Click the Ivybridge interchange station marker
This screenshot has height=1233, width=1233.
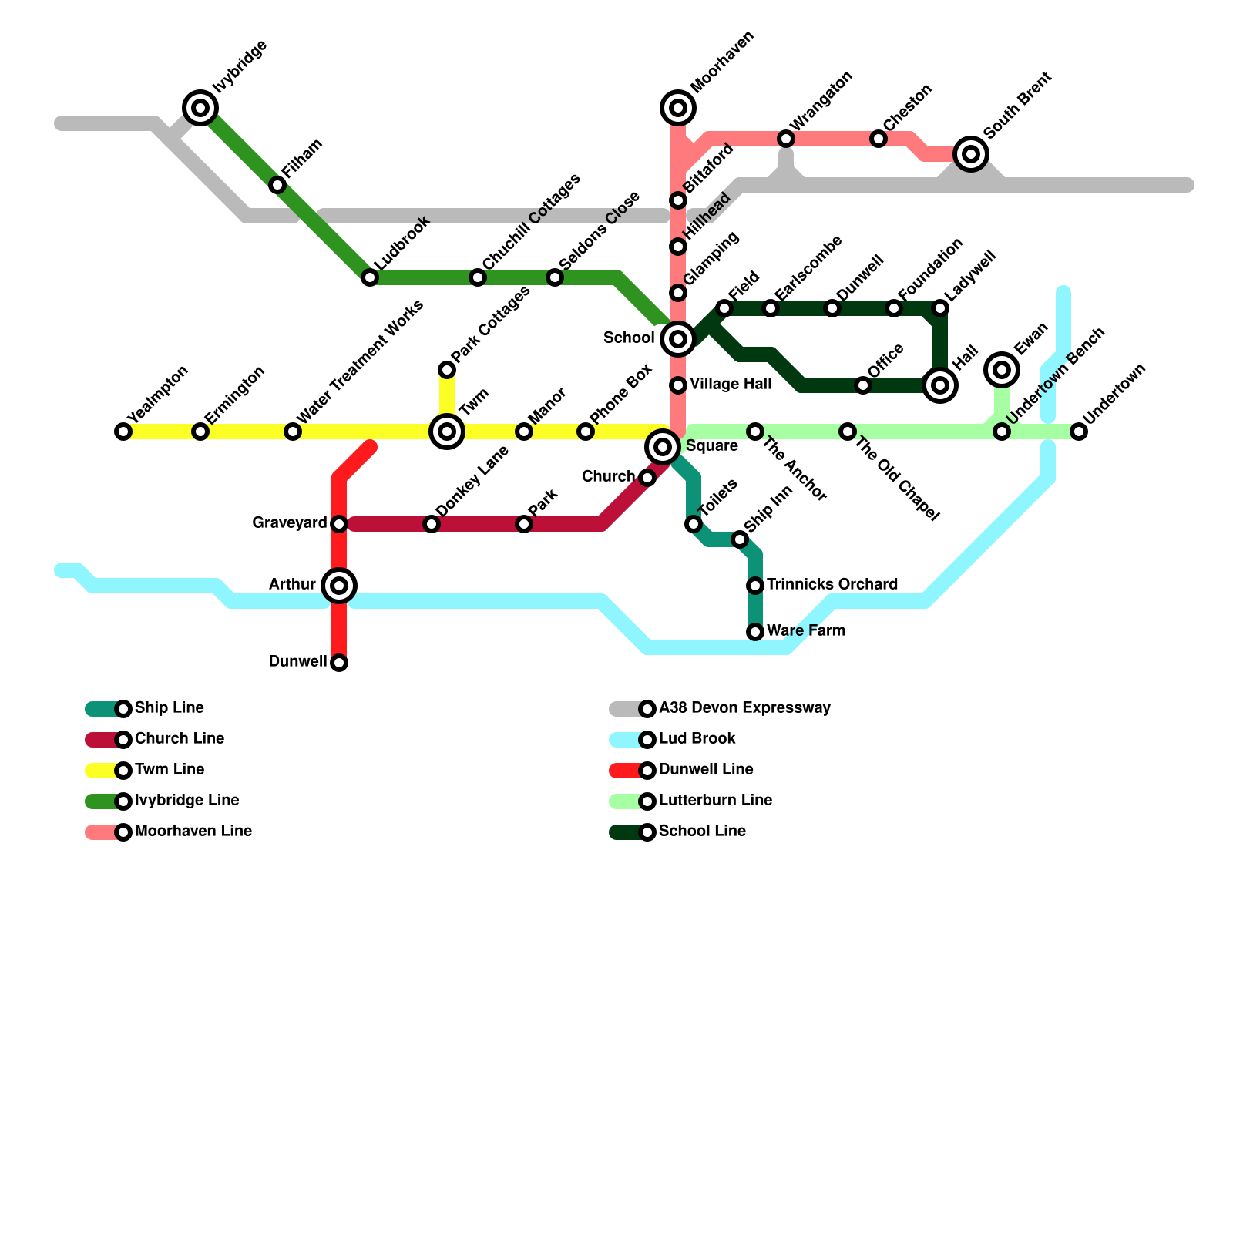200,108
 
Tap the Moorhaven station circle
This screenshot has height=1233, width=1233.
678,108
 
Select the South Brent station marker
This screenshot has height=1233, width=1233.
971,154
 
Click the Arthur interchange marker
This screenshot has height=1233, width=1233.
339,586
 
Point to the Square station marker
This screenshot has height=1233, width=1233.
663,447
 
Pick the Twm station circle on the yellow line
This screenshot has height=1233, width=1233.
447,432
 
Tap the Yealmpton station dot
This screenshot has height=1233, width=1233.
123,432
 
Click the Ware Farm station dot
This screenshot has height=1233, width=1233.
755,632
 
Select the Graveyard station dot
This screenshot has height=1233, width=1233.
339,524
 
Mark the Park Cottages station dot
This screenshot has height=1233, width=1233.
447,370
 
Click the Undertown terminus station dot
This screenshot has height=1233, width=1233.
1079,432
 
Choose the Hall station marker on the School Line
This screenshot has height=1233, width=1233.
940,385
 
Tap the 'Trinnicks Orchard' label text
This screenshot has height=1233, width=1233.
832,584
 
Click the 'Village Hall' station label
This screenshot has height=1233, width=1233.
731,384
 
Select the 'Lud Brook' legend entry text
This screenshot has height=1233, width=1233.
697,738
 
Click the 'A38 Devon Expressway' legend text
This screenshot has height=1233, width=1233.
744,707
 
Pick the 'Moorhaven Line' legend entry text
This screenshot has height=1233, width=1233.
193,831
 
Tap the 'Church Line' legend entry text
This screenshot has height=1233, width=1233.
180,738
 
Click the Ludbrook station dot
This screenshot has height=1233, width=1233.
370,277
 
